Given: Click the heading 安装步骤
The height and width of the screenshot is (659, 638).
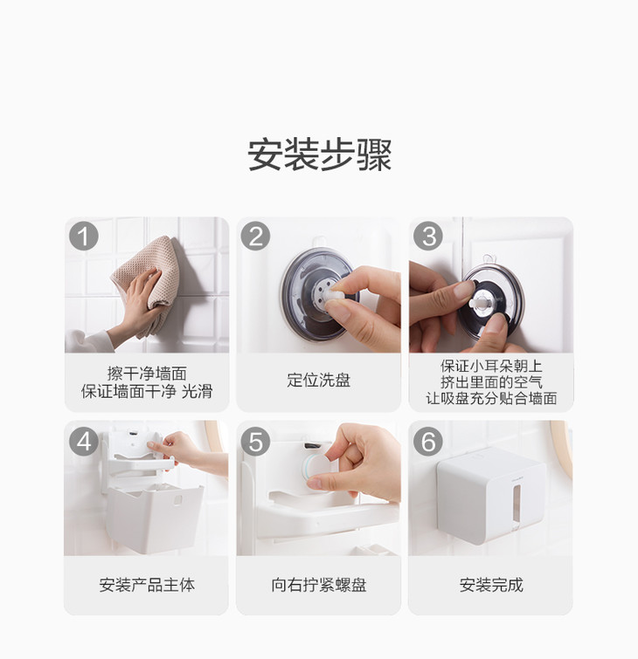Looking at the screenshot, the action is point(319,154).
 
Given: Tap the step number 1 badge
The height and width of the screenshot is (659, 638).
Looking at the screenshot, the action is point(84,237).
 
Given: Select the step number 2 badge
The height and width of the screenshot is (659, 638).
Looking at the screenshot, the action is point(255,237).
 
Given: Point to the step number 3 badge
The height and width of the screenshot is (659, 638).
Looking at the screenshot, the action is point(428,237).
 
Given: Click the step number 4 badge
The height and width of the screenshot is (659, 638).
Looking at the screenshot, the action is point(84,442).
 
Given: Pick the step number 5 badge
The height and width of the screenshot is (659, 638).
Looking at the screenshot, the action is point(255,442).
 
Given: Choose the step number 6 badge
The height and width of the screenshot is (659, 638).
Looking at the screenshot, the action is point(428,442).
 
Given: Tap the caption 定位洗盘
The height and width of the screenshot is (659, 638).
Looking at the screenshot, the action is point(319,381).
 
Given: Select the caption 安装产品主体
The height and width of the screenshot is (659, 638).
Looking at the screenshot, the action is point(147,585).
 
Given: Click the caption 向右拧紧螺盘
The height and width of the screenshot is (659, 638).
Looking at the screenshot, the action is point(319,585).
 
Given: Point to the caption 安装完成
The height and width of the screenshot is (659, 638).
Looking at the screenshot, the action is point(490,585).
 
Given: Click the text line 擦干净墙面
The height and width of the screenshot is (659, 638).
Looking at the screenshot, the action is point(147,374).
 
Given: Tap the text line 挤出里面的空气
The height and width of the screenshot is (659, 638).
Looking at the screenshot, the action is point(491,382).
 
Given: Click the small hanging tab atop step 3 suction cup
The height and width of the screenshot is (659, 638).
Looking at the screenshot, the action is point(488,258).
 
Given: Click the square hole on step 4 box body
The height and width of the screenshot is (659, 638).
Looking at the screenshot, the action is point(178,500).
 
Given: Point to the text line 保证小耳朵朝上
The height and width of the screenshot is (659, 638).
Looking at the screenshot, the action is point(491,366).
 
